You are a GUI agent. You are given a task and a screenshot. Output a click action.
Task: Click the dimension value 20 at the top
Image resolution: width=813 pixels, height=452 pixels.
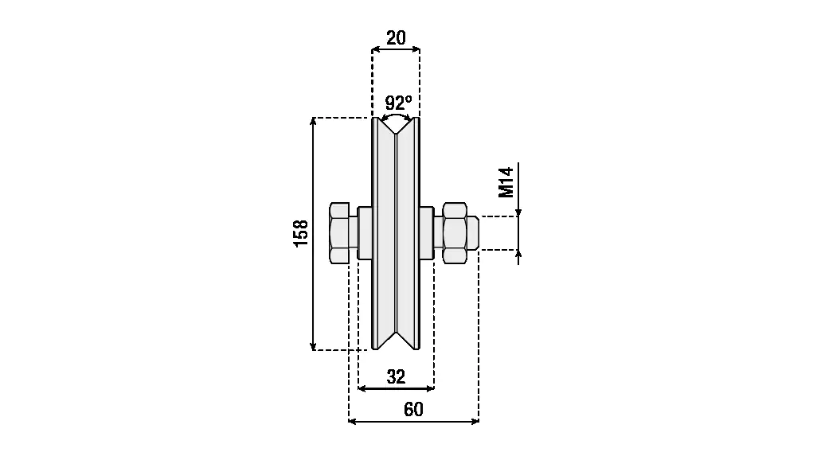pos(396,38)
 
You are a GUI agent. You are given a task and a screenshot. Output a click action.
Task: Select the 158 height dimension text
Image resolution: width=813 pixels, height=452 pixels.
pos(301,233)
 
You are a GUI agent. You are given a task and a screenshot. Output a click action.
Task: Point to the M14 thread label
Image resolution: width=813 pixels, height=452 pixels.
pos(506,182)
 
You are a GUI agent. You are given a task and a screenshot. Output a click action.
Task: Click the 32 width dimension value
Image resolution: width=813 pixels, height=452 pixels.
pos(396,377)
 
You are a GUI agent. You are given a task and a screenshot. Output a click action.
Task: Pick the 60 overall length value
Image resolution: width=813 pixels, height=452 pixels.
pos(413,410)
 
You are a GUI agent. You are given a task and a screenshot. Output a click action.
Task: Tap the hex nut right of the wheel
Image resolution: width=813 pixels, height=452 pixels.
pos(455,232)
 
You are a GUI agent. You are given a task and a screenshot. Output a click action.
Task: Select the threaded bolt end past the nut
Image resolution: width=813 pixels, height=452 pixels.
pos(472,232)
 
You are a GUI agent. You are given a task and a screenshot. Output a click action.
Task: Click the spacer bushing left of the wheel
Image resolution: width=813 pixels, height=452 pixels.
pos(365,232)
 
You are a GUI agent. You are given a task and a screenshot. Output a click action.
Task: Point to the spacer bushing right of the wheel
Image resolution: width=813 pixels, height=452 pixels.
pos(427,232)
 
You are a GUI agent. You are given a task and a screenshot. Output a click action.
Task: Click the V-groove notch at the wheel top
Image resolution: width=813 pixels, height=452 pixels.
pos(396,126)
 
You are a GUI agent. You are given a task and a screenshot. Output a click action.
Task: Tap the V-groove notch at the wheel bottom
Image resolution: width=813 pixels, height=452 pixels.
pos(396,341)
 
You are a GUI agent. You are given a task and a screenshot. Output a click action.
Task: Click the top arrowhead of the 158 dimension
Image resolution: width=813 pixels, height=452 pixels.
pos(313,121)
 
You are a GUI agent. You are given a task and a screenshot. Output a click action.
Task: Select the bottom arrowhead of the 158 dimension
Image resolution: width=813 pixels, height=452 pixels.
pos(313,346)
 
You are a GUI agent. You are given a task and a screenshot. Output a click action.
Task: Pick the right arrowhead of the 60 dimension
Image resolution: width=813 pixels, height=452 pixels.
pos(475,422)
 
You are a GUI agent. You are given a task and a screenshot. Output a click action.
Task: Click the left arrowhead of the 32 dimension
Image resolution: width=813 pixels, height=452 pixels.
pos(362,388)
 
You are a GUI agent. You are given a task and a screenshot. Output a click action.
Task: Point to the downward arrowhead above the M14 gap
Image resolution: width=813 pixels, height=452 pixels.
pos(518,212)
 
